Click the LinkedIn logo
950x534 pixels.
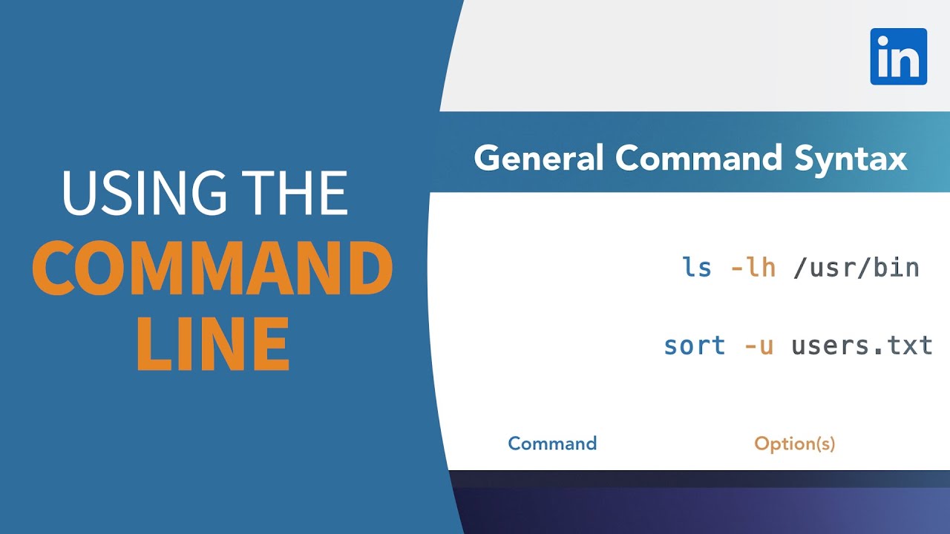pyautogui.click(x=898, y=56)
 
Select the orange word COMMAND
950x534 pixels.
pyautogui.click(x=212, y=268)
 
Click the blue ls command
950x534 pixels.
pyautogui.click(x=697, y=267)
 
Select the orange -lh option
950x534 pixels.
pyautogui.click(x=753, y=267)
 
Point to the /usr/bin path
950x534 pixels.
pyautogui.click(x=856, y=267)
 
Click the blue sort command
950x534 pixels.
pyautogui.click(x=695, y=346)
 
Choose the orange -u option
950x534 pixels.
pyautogui.click(x=758, y=346)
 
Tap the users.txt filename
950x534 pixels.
pyautogui.click(x=862, y=346)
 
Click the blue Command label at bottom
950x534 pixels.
pyautogui.click(x=552, y=444)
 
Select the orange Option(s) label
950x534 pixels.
pyautogui.click(x=794, y=444)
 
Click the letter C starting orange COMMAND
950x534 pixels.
pyautogui.click(x=55, y=268)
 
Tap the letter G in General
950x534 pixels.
pyautogui.click(x=488, y=159)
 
